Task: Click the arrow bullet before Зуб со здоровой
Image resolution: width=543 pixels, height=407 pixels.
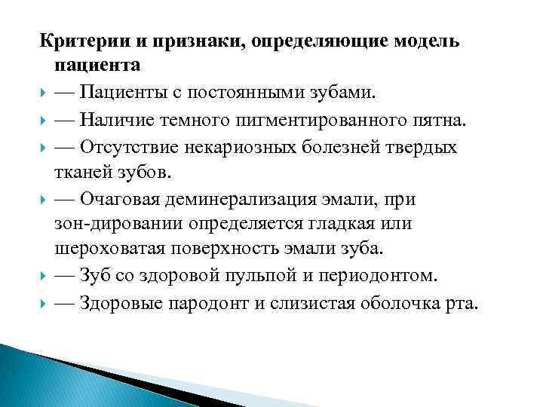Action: tap(46, 276)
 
